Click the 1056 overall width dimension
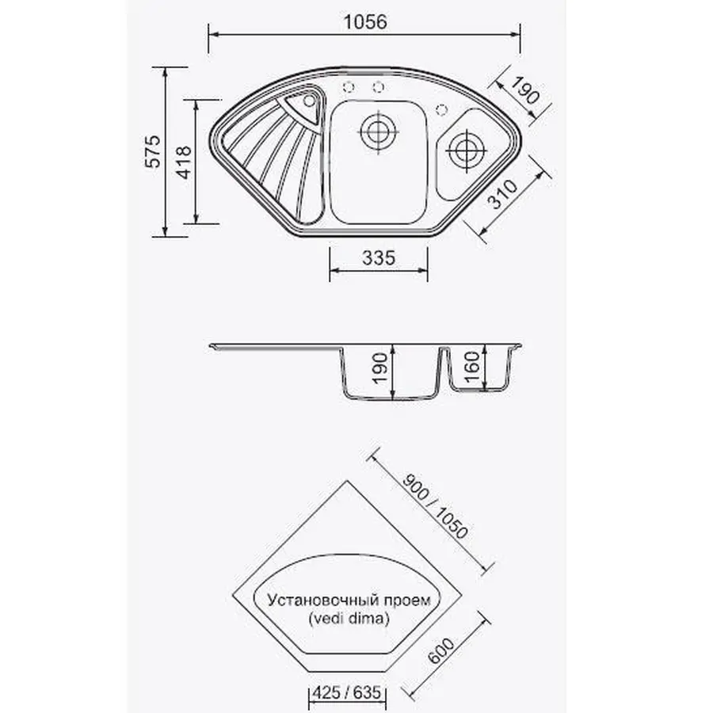[x=365, y=22]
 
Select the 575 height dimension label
[x=153, y=151]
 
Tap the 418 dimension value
[x=184, y=162]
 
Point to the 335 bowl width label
[x=379, y=257]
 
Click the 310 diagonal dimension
[x=503, y=194]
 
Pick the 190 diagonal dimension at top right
[x=524, y=90]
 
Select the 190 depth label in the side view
[x=380, y=368]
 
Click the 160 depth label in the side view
[x=472, y=367]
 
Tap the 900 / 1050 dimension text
[x=435, y=506]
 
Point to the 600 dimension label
[x=441, y=651]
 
